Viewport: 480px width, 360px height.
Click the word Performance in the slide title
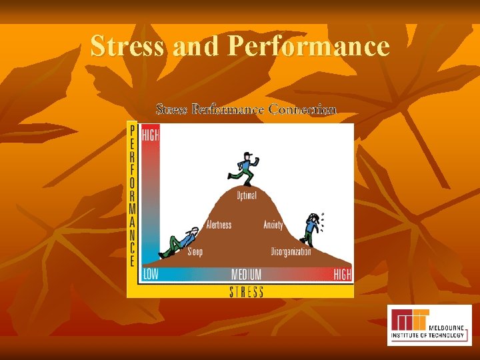309,46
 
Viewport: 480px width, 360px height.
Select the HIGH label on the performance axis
151,134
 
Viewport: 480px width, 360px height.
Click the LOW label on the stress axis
151,275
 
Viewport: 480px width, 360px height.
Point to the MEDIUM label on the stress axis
246,275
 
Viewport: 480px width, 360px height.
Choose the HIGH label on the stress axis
342,275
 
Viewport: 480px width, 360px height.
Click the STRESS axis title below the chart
246,291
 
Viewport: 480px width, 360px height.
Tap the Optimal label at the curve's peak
247,195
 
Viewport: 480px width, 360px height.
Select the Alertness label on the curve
219,225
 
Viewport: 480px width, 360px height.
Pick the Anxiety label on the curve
273,225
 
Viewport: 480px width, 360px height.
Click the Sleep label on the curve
195,252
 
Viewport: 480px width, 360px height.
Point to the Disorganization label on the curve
291,252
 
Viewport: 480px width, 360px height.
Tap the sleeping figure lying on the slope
178,242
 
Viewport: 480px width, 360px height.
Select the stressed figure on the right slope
311,229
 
